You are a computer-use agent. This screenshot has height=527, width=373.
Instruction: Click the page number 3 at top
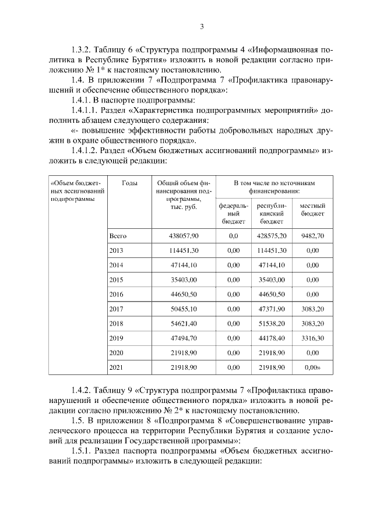pos(202,26)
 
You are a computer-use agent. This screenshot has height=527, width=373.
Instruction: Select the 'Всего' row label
pos(118,236)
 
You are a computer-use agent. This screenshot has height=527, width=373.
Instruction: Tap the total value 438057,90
pos(184,236)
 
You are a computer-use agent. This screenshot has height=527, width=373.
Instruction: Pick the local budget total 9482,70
pos(312,236)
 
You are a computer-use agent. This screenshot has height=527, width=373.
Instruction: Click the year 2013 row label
pos(117,250)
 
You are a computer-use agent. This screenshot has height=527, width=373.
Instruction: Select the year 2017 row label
pos(117,309)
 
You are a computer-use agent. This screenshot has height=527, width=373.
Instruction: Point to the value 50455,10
pos(184,309)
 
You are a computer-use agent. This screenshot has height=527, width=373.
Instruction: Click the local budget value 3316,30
pos(312,338)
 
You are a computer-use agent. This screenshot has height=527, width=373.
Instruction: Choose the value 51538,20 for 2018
pos(272,323)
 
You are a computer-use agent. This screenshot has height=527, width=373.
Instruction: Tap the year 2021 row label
pos(117,367)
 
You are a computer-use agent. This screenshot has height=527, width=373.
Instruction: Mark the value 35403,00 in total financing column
pos(184,280)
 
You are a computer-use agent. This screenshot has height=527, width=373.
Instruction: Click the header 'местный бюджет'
pos(312,210)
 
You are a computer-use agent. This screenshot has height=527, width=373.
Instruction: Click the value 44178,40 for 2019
pos(272,338)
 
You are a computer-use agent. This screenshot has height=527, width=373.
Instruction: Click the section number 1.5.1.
pos(81,451)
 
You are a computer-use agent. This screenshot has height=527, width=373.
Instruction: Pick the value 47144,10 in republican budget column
pos(272,265)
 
